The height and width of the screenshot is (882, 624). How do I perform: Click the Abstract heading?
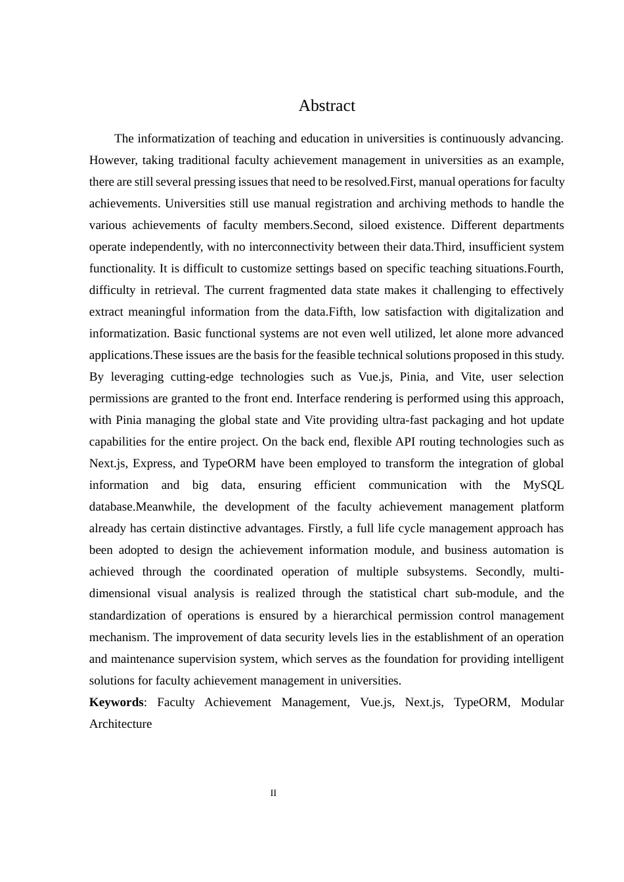coord(326,106)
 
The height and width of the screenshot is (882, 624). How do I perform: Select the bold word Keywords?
coord(116,702)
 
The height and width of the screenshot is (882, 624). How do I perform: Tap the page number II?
coord(273,793)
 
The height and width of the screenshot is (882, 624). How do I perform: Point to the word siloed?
coord(378,225)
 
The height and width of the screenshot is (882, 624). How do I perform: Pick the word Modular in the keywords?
coord(542,702)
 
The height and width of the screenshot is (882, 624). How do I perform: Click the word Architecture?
coord(120,724)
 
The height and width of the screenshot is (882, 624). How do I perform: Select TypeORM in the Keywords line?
coord(481,702)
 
